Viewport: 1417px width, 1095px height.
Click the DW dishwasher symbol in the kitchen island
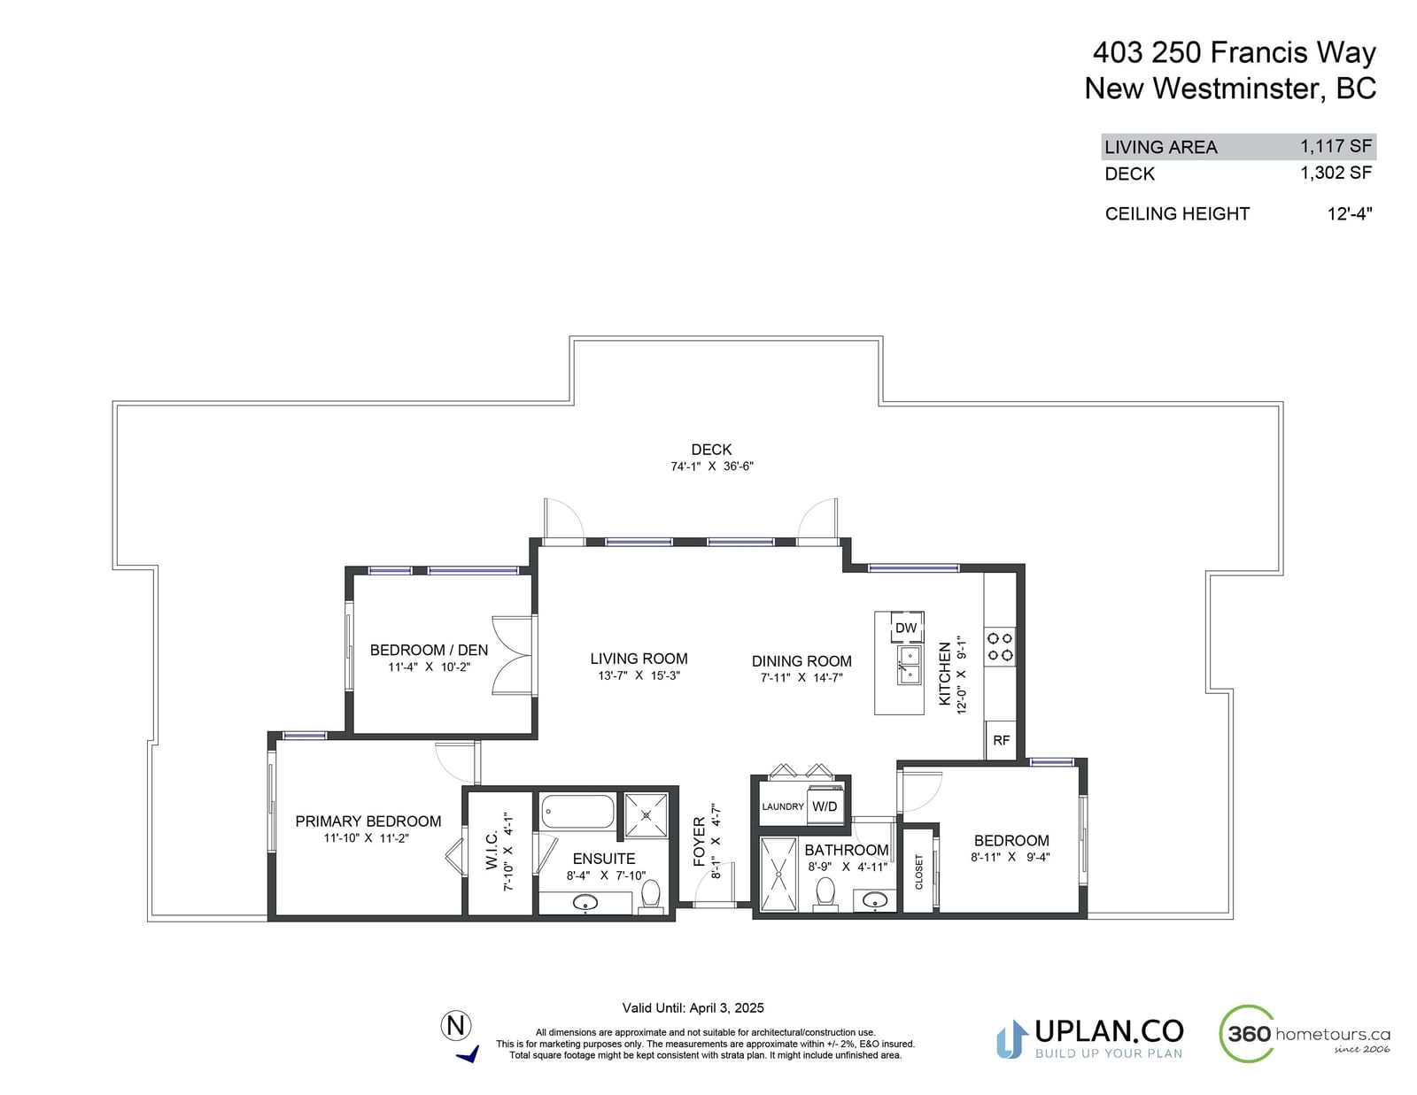pos(906,627)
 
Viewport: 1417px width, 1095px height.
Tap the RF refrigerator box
pos(1001,740)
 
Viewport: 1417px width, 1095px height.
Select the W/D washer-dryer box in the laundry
pos(825,806)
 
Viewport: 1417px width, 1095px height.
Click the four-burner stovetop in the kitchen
pos(1000,646)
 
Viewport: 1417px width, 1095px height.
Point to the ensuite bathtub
pos(577,811)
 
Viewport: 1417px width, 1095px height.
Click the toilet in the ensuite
pos(650,895)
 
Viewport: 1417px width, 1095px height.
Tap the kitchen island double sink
pos(909,665)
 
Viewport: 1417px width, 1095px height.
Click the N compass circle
pos(456,1025)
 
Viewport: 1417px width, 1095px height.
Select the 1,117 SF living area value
pos(1336,146)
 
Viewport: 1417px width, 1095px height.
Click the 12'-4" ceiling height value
pos(1349,214)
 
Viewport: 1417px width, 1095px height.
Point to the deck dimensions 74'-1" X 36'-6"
pos(711,466)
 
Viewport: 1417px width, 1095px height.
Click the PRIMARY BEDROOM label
pos(368,821)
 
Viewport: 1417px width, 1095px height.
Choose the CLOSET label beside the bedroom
pos(918,871)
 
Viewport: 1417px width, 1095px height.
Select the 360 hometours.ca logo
pos(1305,1034)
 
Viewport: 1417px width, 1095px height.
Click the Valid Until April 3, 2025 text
pos(693,1007)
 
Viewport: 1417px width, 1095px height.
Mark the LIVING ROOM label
pos(639,659)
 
